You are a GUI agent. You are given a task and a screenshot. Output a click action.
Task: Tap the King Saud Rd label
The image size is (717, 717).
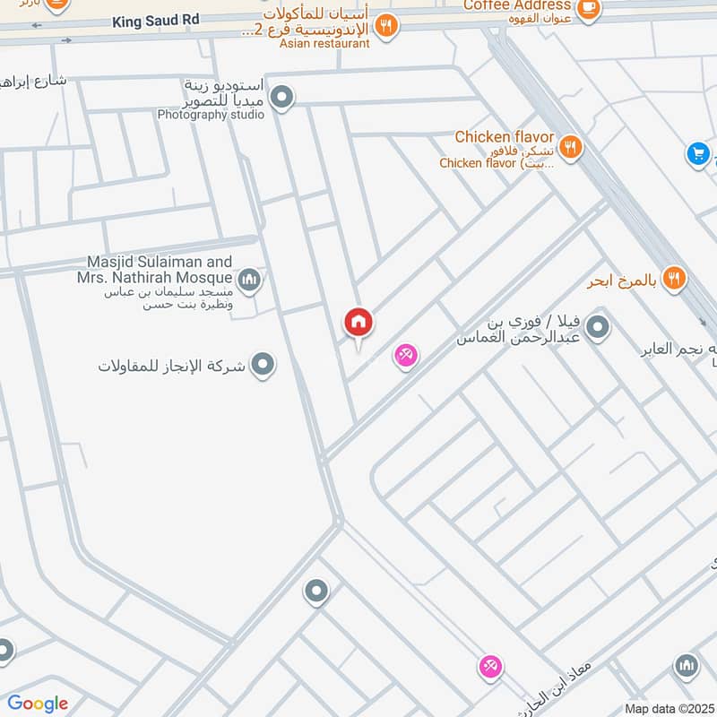point(154,20)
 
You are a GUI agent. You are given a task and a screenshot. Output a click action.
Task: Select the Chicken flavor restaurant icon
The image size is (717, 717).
point(569,146)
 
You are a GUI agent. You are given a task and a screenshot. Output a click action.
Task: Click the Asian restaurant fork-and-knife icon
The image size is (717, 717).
point(385,26)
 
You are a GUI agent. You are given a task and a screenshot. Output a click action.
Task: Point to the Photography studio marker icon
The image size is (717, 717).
point(282,98)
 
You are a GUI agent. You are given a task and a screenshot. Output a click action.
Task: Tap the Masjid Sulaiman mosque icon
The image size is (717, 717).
point(249,281)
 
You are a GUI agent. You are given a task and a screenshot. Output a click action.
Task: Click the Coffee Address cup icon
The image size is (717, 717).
point(588,9)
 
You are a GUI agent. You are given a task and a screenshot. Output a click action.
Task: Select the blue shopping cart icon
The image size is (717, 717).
point(697,154)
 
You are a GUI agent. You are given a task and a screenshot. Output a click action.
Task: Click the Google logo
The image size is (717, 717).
point(38,704)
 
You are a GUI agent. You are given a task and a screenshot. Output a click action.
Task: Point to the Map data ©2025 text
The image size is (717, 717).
point(669,708)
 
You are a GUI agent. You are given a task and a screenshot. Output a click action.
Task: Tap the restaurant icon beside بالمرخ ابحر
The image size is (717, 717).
point(674,279)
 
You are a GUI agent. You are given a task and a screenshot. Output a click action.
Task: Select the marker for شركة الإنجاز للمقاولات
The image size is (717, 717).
point(263,365)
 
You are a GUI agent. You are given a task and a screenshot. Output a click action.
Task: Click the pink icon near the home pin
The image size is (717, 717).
point(405,357)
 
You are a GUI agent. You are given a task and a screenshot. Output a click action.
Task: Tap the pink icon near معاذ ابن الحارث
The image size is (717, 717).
point(489,667)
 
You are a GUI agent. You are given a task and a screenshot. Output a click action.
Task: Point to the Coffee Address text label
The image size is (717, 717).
point(517,6)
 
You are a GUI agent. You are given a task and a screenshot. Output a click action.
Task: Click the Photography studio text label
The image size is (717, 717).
point(211,115)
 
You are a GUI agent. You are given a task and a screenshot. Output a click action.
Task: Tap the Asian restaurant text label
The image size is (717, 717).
point(324,43)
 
